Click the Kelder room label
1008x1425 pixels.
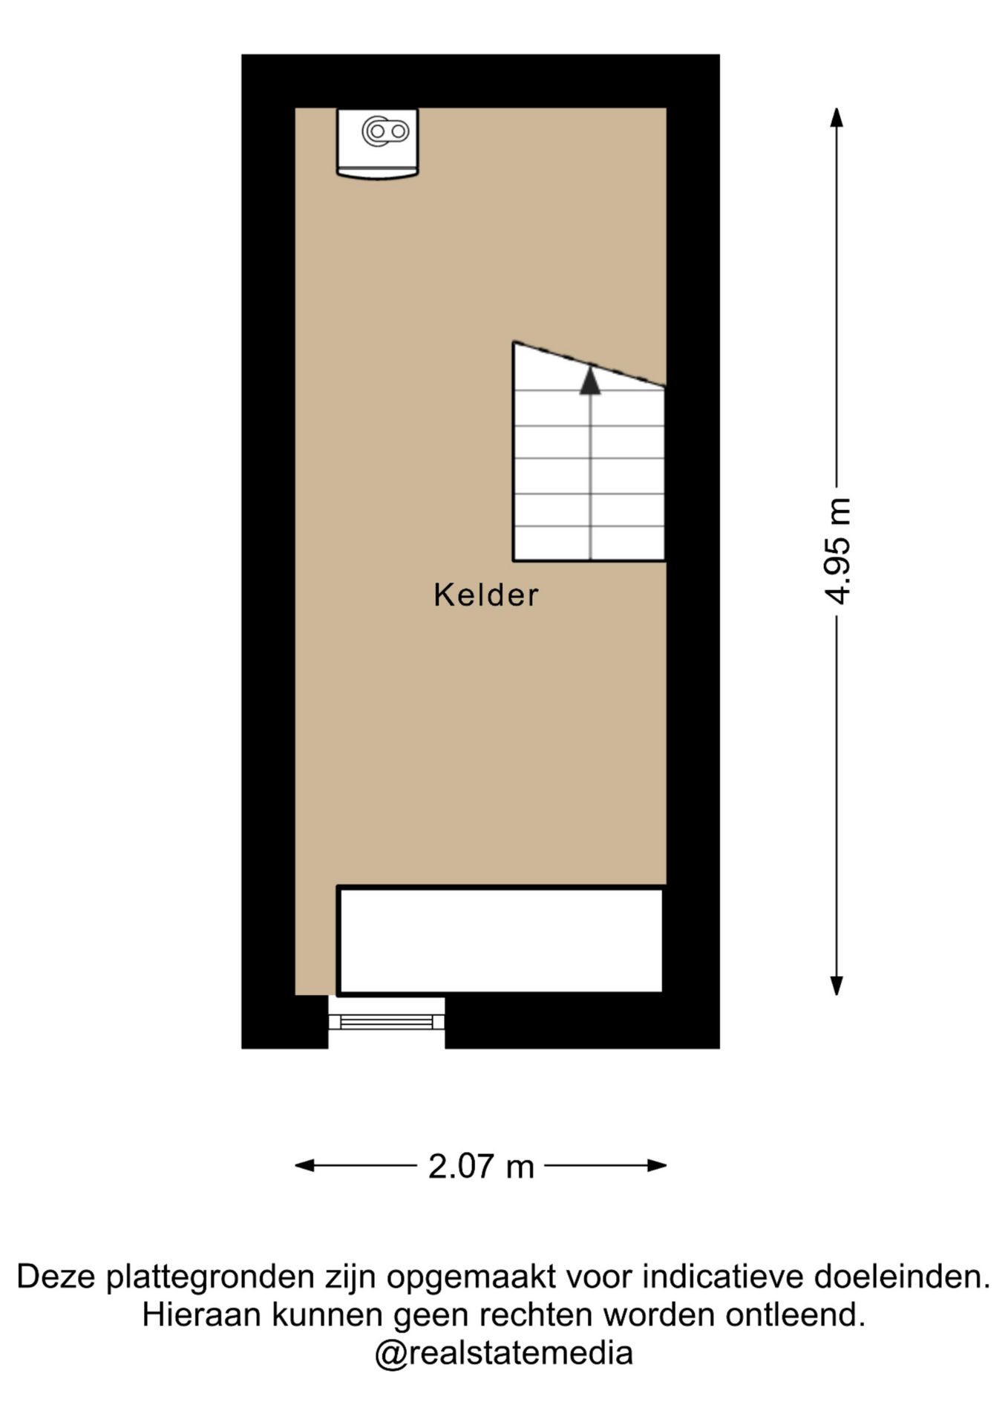pyautogui.click(x=486, y=595)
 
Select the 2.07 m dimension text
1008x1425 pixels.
pyautogui.click(x=481, y=1166)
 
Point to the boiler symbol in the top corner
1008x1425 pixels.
pyautogui.click(x=378, y=143)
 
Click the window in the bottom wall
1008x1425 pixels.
pyautogui.click(x=387, y=1022)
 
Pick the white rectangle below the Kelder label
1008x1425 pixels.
pyautogui.click(x=500, y=940)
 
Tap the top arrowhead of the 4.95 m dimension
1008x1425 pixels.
pyautogui.click(x=837, y=118)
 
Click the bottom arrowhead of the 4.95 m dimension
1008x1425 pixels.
pyautogui.click(x=837, y=985)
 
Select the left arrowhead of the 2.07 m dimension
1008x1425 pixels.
pyautogui.click(x=305, y=1166)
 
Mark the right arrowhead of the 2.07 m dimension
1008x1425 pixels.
pyautogui.click(x=657, y=1166)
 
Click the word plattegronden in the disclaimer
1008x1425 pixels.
pyautogui.click(x=211, y=1278)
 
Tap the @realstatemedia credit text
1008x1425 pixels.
pyautogui.click(x=504, y=1353)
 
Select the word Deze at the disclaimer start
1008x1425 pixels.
pyautogui.click(x=57, y=1277)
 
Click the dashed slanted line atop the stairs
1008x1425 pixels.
pyautogui.click(x=589, y=364)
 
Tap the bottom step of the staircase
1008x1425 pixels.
pyautogui.click(x=589, y=543)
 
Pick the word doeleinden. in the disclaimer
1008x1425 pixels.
pyautogui.click(x=903, y=1277)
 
